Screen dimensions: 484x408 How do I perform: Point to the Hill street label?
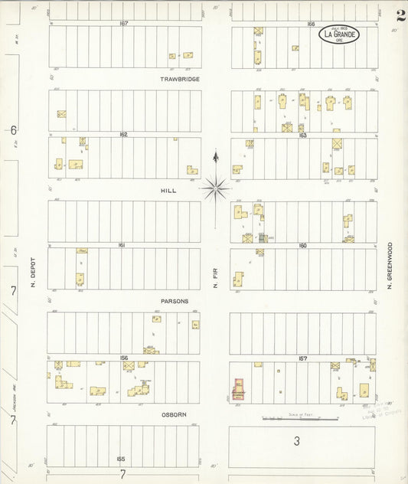point(168,190)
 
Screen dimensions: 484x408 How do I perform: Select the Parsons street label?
point(175,301)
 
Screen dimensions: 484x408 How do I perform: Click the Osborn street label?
point(175,414)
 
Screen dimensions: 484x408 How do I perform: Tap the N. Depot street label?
point(34,273)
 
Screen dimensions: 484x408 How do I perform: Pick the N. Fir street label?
point(215,272)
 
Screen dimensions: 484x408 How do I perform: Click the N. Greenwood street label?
point(389,267)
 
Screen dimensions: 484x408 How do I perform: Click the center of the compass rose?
point(216,186)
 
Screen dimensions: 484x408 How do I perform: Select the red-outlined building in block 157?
point(238,389)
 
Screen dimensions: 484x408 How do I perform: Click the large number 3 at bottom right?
point(297,441)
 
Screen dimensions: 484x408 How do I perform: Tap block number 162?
point(122,134)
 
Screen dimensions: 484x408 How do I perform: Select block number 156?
point(122,358)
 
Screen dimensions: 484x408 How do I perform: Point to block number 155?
point(120,459)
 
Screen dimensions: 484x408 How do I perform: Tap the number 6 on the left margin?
point(13,130)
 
